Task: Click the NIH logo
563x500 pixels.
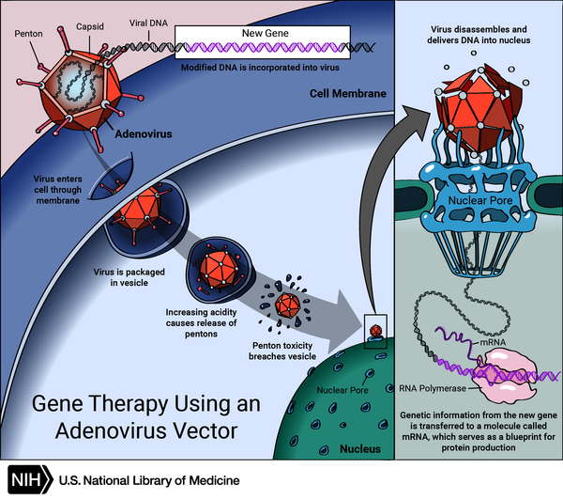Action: click(x=29, y=479)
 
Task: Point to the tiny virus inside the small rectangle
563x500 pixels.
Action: click(x=374, y=332)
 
